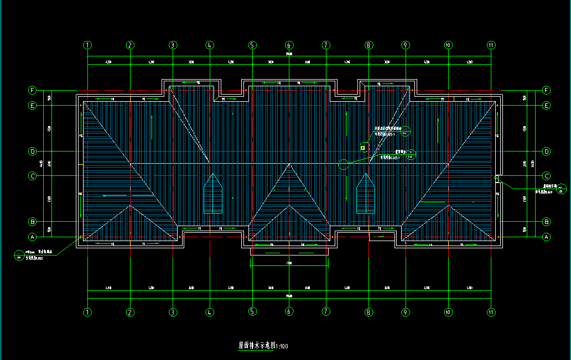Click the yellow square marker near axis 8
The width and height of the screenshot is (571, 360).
pos(363,148)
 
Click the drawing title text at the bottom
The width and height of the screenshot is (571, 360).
pos(263,346)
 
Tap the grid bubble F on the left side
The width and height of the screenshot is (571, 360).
pos(33,90)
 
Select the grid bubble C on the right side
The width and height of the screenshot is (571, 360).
pos(547,176)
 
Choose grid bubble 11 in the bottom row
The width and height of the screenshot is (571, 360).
pos(491,312)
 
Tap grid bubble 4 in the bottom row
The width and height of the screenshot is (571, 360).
pos(210,312)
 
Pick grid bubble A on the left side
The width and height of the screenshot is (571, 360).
pos(33,237)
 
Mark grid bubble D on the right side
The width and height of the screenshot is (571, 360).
pos(547,151)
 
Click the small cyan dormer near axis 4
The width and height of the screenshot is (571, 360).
pos(213,194)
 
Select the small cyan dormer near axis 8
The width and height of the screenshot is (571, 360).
pos(366,194)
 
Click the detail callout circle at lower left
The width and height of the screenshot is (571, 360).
pos(19,255)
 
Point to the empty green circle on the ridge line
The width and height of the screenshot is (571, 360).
pos(344,164)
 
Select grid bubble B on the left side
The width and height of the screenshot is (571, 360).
pos(33,222)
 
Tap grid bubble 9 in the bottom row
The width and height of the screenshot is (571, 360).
pos(406,312)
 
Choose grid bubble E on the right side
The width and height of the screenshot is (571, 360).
pos(547,105)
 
